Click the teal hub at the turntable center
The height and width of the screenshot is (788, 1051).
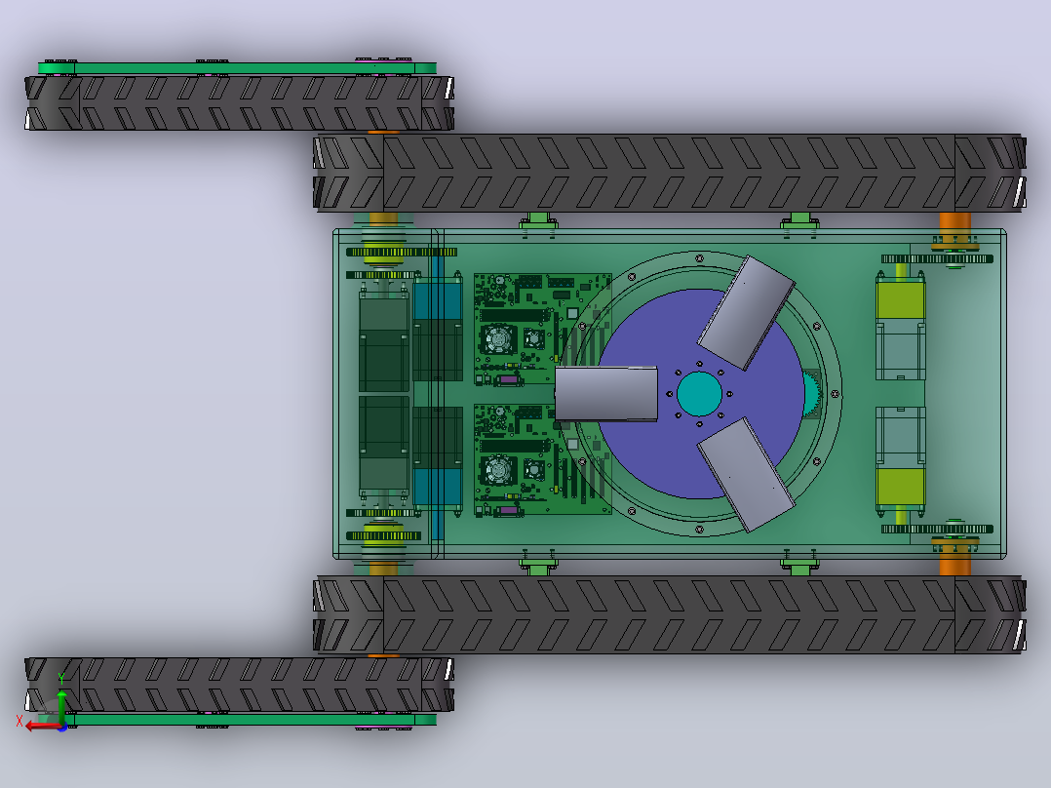(699, 394)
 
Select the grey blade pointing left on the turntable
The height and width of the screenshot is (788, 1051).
(606, 394)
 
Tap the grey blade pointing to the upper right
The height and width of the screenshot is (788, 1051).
(746, 312)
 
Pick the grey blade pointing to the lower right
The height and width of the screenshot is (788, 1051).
(746, 474)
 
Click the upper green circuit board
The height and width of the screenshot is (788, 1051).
(542, 329)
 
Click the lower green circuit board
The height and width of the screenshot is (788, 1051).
(542, 459)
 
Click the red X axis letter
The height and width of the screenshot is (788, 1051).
(19, 722)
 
